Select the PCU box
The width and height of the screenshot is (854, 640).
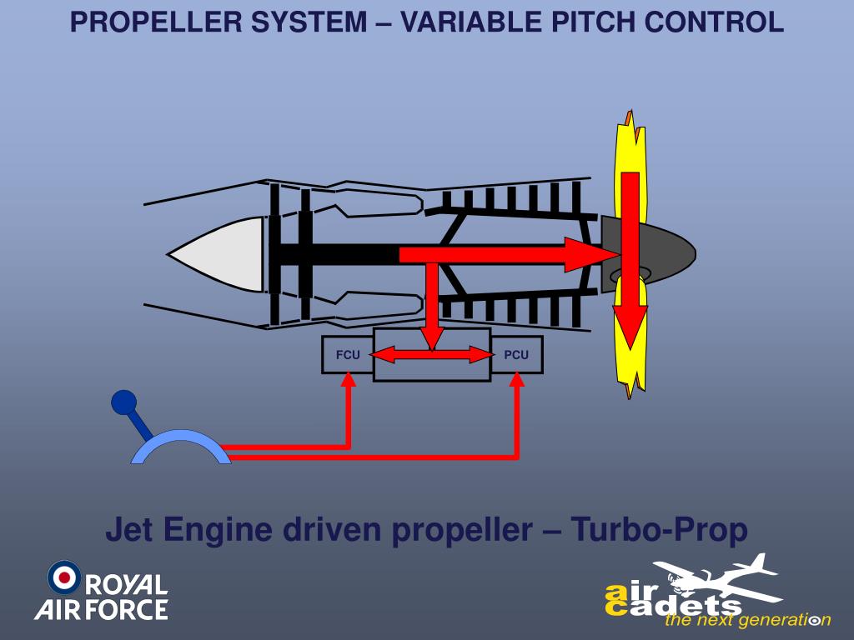coord(517,355)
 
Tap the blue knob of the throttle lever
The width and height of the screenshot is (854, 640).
coord(123,402)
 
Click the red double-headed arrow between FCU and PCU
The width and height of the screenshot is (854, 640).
coord(432,356)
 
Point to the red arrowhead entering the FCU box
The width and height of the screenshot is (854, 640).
coord(349,378)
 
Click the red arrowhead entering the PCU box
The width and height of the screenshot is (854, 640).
coord(517,378)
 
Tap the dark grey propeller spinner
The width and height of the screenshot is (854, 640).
coord(659,254)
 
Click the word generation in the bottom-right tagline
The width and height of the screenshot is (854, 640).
coord(779,620)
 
